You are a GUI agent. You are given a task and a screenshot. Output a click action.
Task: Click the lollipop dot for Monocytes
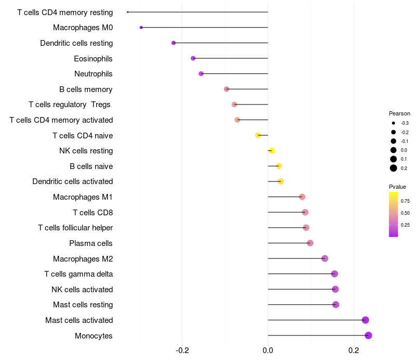pos(368,335)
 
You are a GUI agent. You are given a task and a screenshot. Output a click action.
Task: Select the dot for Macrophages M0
pos(141,28)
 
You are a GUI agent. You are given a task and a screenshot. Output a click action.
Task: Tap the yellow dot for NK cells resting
pos(271,151)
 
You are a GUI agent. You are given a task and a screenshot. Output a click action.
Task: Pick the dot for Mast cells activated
pos(365,320)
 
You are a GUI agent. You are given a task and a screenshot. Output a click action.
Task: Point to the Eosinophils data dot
pos(193,58)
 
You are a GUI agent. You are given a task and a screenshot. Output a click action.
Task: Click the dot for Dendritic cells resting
pos(173,43)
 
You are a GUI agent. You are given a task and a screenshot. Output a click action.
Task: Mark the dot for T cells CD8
pos(305,212)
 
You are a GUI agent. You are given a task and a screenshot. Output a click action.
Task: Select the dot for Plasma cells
pos(310,243)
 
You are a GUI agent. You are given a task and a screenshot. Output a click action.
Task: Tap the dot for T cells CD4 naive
pos(258,135)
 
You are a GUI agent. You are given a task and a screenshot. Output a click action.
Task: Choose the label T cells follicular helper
pos(75,228)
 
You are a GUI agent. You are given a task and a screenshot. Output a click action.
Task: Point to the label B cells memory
pos(86,89)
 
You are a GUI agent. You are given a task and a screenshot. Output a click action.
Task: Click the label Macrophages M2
pos(83,258)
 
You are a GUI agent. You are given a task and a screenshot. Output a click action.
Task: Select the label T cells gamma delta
pos(79,274)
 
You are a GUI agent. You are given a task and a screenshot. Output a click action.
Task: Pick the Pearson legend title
pos(399,113)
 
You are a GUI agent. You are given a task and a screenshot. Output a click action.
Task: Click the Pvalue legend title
pos(397,187)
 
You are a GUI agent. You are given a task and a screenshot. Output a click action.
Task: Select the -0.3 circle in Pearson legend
pos(394,123)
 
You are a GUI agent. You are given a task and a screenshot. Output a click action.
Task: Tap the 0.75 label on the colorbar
pos(405,201)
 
